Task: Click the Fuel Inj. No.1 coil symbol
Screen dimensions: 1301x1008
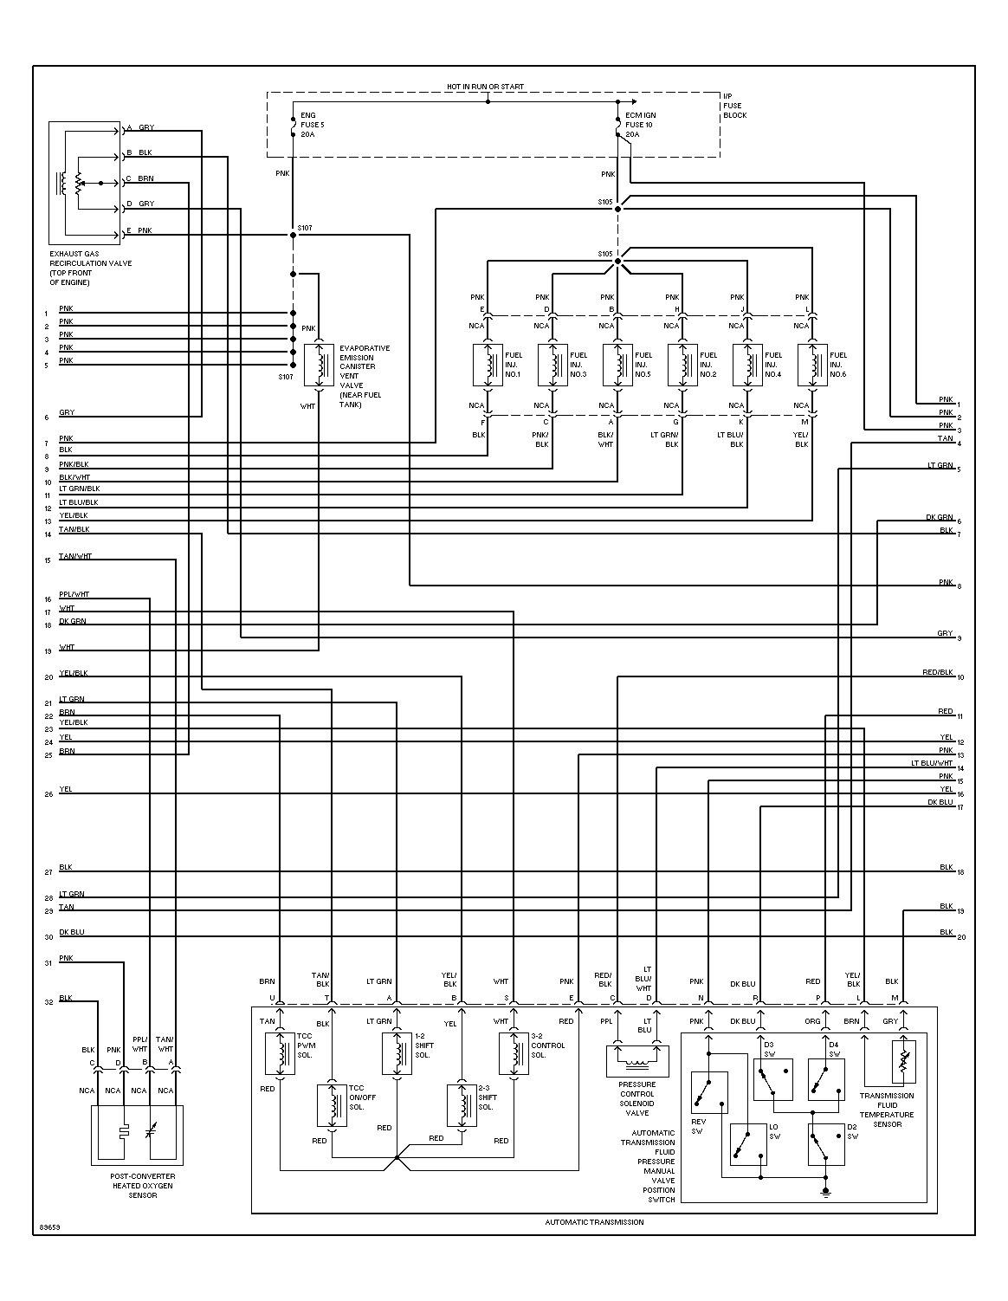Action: coord(487,365)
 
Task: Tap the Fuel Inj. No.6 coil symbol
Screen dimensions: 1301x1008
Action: coord(812,365)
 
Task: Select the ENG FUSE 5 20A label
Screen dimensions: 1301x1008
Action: coord(307,125)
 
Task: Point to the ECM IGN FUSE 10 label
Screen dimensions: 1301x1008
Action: coord(640,125)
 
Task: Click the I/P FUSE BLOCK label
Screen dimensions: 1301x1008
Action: coord(734,105)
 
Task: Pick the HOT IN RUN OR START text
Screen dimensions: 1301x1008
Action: coord(485,87)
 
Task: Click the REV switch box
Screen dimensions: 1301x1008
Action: coord(709,1092)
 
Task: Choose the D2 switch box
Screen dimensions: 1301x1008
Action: coord(826,1144)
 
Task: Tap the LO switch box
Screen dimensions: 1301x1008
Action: coord(747,1144)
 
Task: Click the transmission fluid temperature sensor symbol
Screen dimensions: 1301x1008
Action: coord(903,1060)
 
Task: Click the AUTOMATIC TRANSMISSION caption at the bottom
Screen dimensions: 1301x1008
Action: coord(594,1222)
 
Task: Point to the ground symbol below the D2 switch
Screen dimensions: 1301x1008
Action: coord(826,1193)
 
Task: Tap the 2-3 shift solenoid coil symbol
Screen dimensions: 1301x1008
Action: coord(462,1105)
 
